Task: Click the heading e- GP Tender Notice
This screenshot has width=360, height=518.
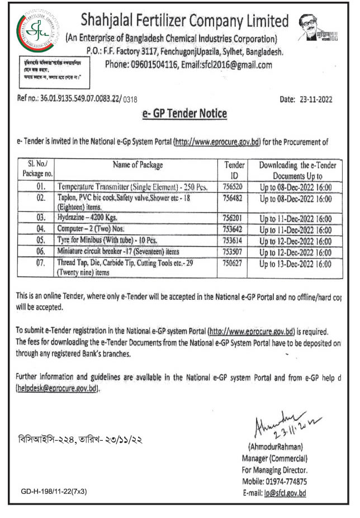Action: tap(182, 114)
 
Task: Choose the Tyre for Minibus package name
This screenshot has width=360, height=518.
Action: tap(101, 239)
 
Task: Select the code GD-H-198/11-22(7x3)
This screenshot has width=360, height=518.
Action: tap(53, 491)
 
